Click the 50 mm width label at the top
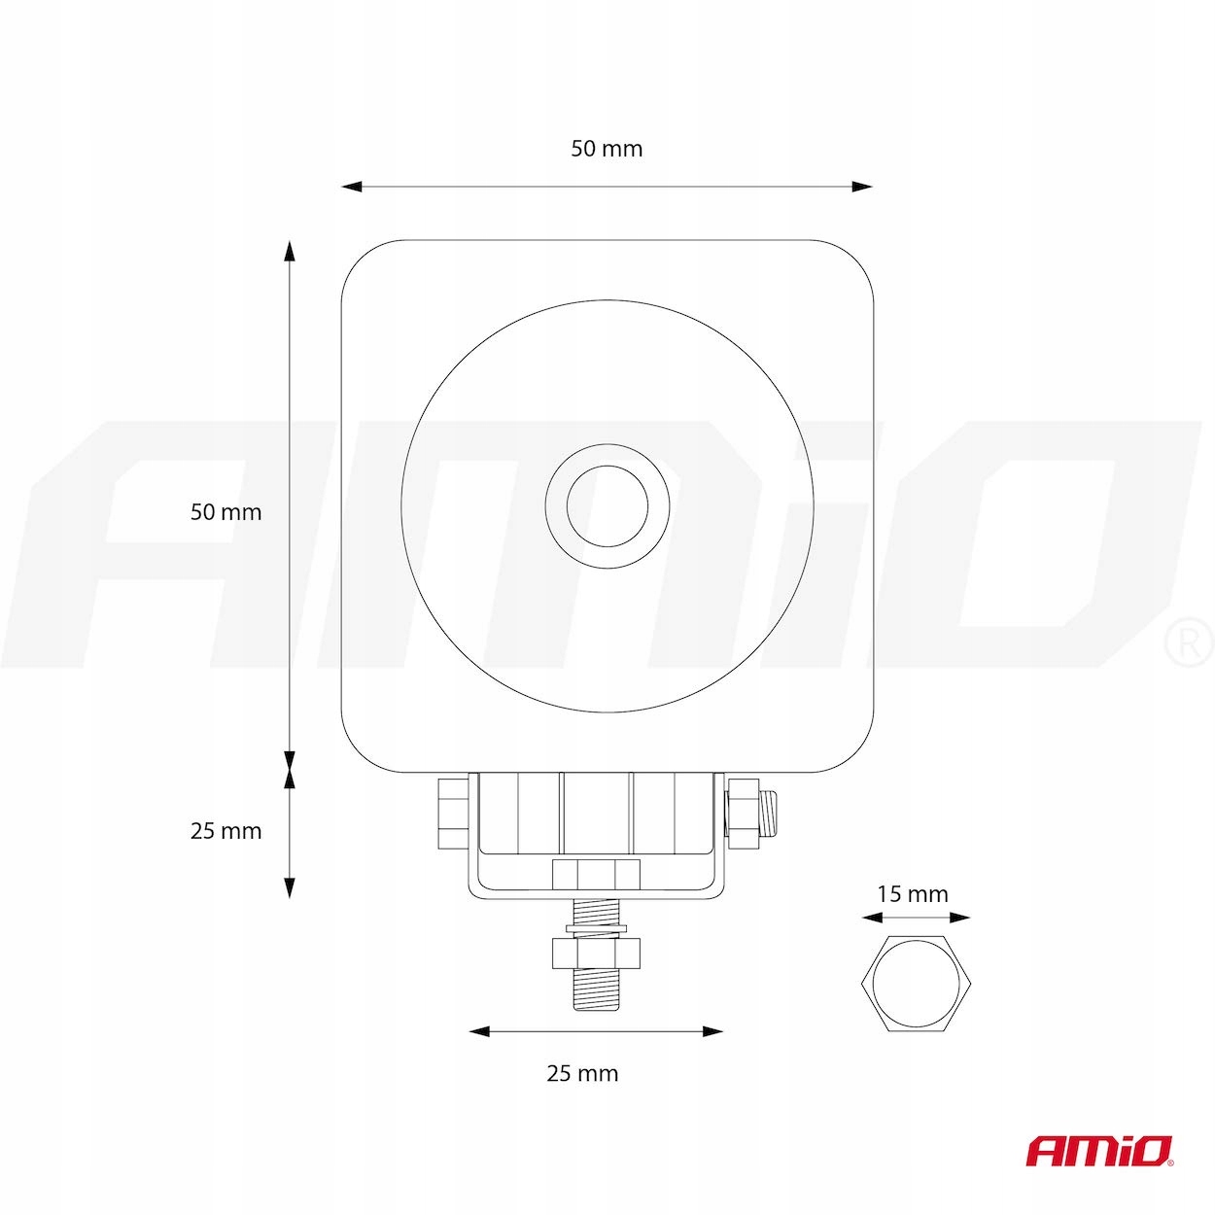coord(607,149)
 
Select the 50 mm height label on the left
coord(226,512)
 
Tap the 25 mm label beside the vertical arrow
coord(226,831)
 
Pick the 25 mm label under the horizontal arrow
coord(582,1073)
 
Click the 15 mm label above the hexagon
coord(912,894)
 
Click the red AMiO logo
coord(1099,1152)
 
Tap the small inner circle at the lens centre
coord(607,505)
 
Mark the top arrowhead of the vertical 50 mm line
coord(289,251)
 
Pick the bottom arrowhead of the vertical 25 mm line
coord(289,886)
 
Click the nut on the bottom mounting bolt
coord(595,954)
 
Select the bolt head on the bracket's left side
coord(453,811)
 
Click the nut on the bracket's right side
coord(743,811)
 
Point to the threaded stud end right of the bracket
coord(770,812)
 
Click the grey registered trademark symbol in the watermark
coord(1188,644)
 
